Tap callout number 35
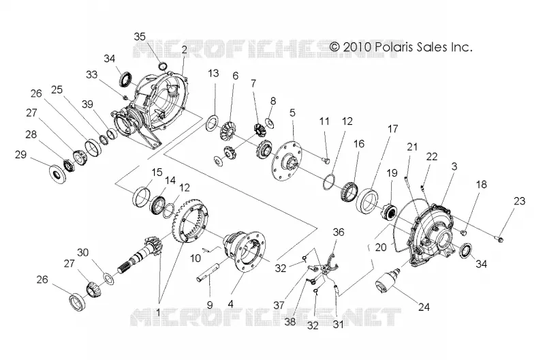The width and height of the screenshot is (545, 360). click(140, 37)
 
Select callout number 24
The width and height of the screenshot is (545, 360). click(424, 307)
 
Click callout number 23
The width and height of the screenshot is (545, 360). click(520, 200)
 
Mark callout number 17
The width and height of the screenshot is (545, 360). click(393, 129)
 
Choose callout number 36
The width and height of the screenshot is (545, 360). click(339, 232)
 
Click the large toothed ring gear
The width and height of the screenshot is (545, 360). click(189, 221)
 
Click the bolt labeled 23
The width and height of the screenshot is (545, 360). click(499, 239)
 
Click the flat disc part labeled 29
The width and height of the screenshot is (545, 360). click(57, 174)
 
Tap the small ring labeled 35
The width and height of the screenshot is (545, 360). click(162, 65)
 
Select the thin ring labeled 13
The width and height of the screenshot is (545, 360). click(212, 124)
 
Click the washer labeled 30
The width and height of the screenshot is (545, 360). click(109, 279)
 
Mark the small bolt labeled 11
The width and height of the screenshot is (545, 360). click(326, 160)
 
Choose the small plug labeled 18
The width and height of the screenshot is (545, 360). click(463, 232)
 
